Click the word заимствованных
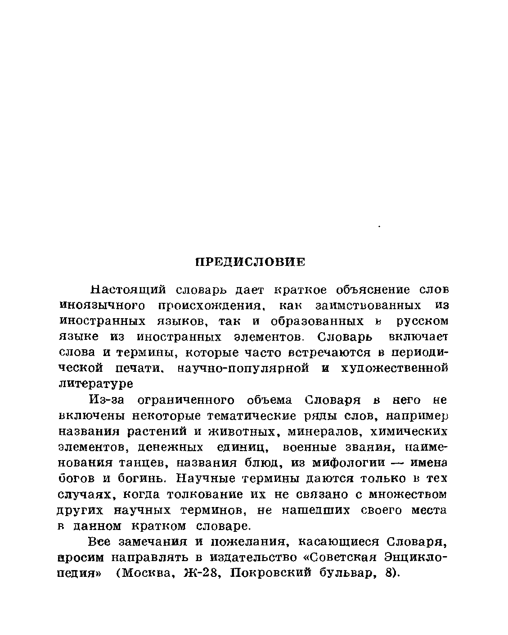tap(369, 306)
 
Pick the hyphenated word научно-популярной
tap(242, 368)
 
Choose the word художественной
tap(395, 368)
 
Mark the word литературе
tap(96, 384)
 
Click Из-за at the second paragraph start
tap(106, 400)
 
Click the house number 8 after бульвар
tap(390, 574)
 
